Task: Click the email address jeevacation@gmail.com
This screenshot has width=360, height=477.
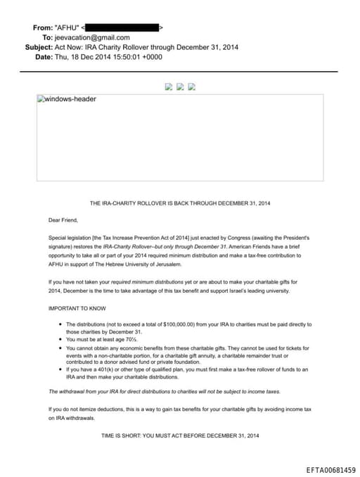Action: [x=92, y=37]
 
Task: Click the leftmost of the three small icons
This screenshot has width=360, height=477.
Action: [x=168, y=87]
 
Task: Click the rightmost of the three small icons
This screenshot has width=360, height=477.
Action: [x=191, y=87]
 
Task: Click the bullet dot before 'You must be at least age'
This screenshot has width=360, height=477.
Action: [x=60, y=339]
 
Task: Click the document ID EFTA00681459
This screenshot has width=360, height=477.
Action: [x=330, y=469]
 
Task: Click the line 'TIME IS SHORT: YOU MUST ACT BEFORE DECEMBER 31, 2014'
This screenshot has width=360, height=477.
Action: [x=180, y=436]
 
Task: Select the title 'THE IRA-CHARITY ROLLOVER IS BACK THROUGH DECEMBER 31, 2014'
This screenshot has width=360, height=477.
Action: [x=180, y=203]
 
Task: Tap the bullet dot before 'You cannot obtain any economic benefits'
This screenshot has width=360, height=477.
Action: [x=60, y=348]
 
